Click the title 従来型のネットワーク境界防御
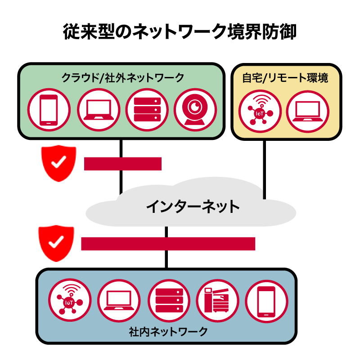click(180, 33)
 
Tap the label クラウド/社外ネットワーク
click(122, 77)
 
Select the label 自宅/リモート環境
click(285, 77)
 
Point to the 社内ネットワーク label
click(167, 332)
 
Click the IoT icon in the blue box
click(70, 300)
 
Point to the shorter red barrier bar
click(122, 164)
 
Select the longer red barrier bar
click(168, 243)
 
